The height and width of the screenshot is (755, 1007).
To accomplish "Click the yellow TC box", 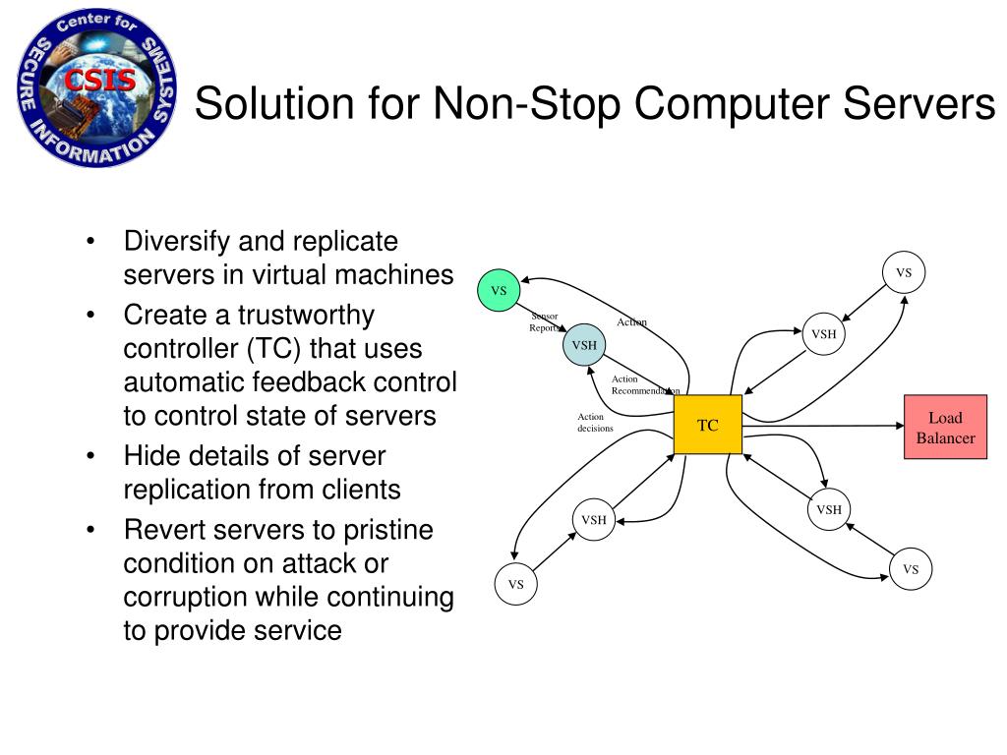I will click(708, 425).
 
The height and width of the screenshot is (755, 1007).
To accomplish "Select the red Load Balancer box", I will click(945, 428).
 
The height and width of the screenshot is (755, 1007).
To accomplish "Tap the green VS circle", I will click(499, 290).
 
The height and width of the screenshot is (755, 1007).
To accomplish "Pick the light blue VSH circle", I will click(584, 345).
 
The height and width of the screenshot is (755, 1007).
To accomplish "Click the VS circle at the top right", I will click(904, 273).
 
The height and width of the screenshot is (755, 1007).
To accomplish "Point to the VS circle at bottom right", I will click(911, 569).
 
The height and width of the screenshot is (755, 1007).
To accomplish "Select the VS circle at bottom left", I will click(516, 585).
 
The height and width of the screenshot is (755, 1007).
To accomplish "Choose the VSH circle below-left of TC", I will click(593, 520).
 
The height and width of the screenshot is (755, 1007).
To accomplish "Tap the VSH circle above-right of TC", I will click(824, 334).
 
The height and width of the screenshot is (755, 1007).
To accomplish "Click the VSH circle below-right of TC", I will click(829, 509).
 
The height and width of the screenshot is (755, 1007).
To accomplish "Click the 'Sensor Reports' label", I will click(544, 321).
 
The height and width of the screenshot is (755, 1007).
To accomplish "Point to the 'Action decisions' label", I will click(595, 423).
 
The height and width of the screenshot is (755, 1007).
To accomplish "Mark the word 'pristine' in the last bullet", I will click(387, 530).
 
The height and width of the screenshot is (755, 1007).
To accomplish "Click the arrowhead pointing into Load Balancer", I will click(898, 426).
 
